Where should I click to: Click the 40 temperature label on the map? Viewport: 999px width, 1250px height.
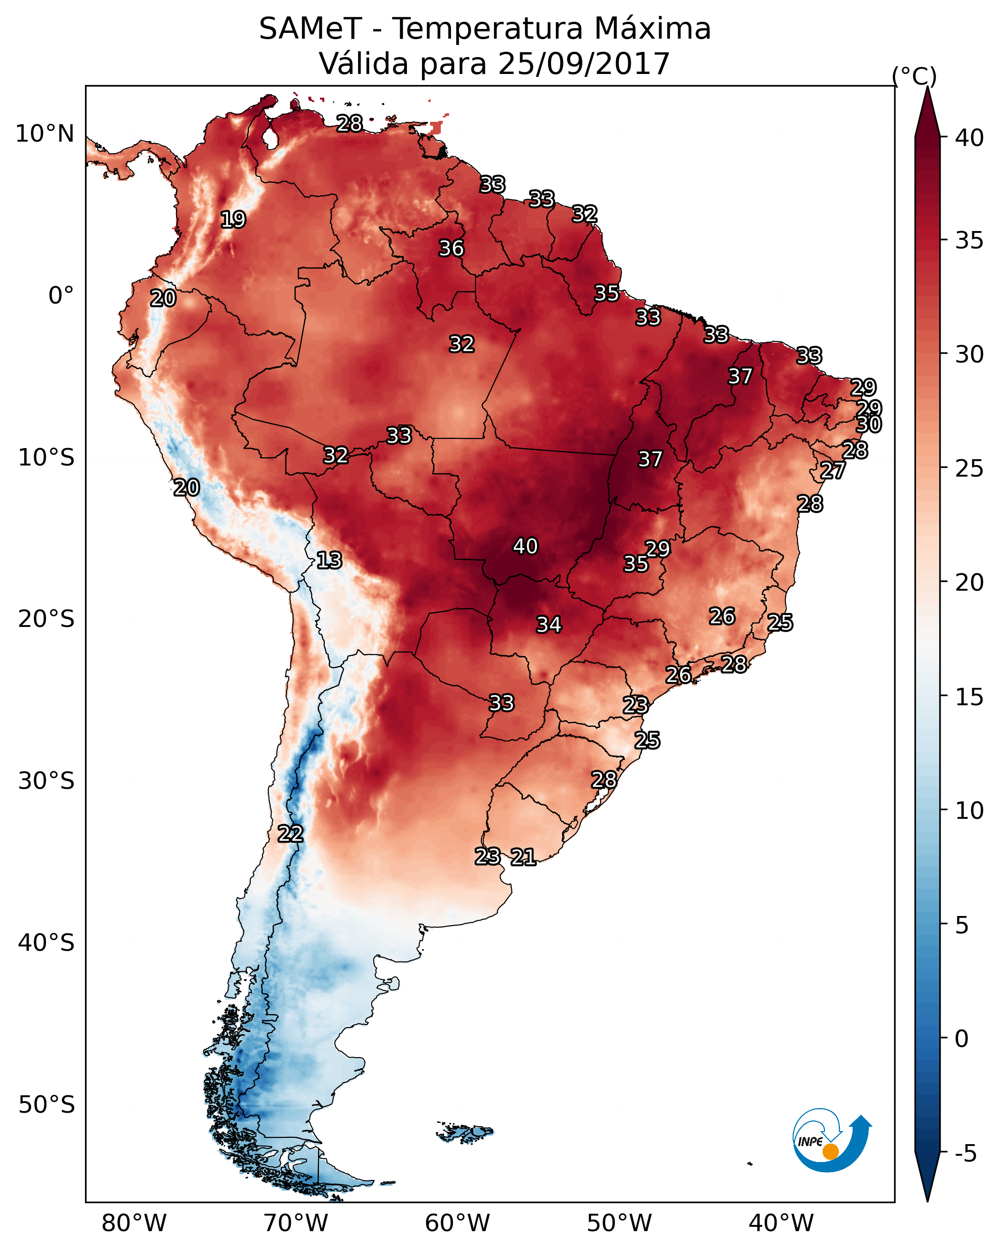click(x=525, y=546)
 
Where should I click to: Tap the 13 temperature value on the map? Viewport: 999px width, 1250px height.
click(x=329, y=560)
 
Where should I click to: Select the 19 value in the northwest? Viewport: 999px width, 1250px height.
click(x=233, y=220)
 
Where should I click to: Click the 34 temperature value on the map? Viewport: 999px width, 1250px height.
click(x=549, y=625)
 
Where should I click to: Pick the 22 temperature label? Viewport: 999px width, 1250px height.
click(x=290, y=834)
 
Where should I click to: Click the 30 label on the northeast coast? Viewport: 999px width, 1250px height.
click(x=869, y=424)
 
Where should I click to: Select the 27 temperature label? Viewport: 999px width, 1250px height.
click(x=833, y=470)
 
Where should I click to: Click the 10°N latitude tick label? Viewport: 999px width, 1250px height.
click(x=44, y=134)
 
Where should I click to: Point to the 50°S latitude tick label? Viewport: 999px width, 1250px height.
click(x=46, y=1105)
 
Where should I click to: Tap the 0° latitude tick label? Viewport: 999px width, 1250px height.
click(x=61, y=296)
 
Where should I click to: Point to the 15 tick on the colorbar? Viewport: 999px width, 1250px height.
click(x=970, y=697)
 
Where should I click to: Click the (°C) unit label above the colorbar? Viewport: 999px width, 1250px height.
click(x=914, y=76)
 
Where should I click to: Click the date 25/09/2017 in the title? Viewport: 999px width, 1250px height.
click(x=584, y=63)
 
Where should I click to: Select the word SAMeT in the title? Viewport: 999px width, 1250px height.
click(x=311, y=29)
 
